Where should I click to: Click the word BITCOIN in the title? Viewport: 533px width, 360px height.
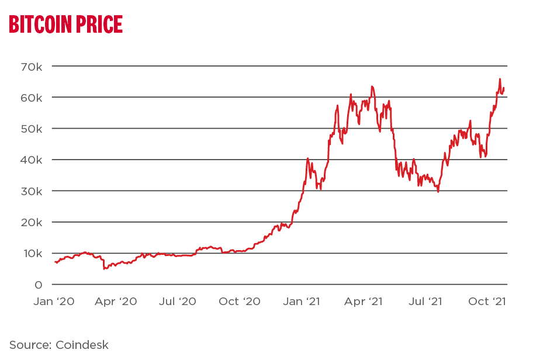(40, 24)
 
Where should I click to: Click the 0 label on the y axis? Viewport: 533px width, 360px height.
(39, 285)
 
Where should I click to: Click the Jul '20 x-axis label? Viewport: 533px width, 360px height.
(178, 302)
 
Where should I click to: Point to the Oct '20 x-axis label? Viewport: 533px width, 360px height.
(240, 302)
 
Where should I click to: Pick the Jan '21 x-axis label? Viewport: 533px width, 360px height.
(302, 302)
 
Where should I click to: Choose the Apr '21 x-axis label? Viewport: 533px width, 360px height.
(364, 302)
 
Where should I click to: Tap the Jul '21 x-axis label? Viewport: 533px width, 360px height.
(425, 302)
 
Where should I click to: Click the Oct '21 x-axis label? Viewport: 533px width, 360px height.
(486, 302)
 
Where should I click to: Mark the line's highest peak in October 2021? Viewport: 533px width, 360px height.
(500, 79)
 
